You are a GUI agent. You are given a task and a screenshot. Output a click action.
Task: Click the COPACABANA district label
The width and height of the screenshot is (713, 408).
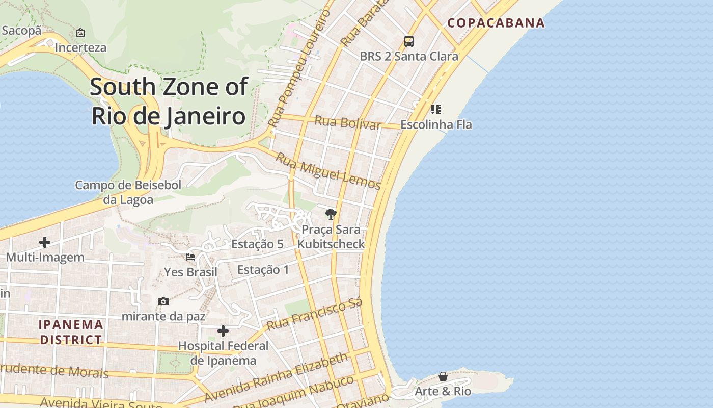click(x=496, y=23)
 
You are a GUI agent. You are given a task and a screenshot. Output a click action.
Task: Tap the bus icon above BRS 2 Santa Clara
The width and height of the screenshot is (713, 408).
click(x=409, y=41)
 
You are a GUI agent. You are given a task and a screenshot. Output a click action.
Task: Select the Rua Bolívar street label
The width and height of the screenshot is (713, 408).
click(x=348, y=123)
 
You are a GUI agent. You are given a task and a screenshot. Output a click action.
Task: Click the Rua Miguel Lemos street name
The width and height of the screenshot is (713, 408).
click(x=328, y=171)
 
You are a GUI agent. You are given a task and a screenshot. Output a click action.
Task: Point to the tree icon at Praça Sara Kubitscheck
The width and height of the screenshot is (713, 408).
click(x=331, y=214)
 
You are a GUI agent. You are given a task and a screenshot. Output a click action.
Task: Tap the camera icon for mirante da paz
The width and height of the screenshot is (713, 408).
click(x=163, y=301)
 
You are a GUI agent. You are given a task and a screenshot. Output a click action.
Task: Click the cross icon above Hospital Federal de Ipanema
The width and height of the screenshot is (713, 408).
click(x=223, y=331)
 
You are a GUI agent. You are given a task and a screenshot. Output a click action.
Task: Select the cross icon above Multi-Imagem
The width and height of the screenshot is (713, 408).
click(x=45, y=242)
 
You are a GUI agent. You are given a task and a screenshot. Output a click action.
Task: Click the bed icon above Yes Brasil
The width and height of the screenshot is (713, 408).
click(x=190, y=257)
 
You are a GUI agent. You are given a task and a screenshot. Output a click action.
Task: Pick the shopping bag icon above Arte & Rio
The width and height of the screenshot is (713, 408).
click(x=443, y=376)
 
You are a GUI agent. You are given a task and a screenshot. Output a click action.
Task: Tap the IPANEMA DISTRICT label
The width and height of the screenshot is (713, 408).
click(x=71, y=332)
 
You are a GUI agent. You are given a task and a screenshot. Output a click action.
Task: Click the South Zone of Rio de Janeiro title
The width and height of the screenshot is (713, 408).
click(x=169, y=101)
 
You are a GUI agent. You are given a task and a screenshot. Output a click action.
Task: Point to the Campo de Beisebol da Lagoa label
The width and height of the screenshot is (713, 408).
click(x=128, y=192)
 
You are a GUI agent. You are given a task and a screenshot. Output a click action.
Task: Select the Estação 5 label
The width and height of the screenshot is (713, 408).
click(x=257, y=244)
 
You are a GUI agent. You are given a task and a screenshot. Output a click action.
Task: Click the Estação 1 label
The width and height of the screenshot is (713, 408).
click(x=263, y=270)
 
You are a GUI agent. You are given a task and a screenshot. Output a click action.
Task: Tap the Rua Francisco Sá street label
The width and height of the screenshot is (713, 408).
click(x=315, y=314)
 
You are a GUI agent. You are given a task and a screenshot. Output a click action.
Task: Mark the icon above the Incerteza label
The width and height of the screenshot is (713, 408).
click(x=80, y=33)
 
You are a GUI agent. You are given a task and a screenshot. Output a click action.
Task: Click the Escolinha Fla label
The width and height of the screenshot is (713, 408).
click(x=436, y=124)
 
